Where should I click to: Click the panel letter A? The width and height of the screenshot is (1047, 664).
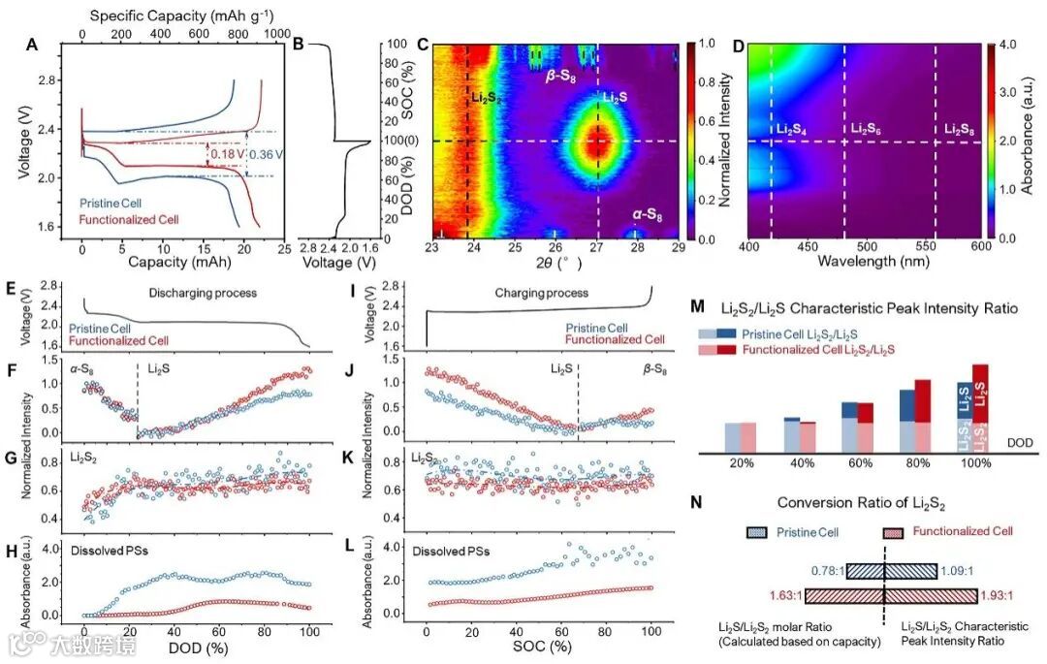[35, 45]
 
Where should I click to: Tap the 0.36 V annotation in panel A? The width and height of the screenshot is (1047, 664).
[267, 152]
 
